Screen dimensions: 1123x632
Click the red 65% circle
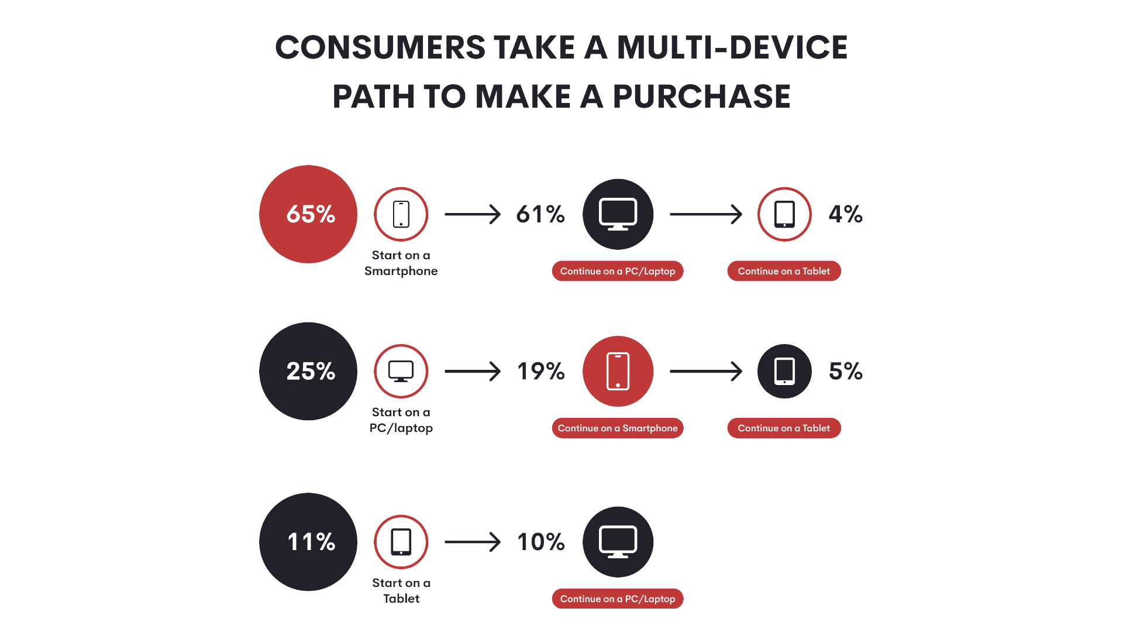tap(308, 214)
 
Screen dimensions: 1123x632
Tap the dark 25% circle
tap(308, 371)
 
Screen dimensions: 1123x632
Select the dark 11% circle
tap(308, 542)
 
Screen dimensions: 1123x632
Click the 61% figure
tap(540, 214)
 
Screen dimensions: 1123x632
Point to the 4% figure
tap(846, 214)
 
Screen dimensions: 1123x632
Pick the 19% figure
tap(541, 371)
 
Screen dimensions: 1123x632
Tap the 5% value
tap(846, 371)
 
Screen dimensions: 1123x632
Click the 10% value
tap(541, 542)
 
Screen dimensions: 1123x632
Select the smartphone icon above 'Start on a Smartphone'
tap(401, 214)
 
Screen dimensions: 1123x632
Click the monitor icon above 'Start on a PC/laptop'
tap(401, 371)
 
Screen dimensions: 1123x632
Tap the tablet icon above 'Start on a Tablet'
tap(401, 542)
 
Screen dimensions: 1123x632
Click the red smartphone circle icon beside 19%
tap(618, 371)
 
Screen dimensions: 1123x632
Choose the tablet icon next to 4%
tap(784, 214)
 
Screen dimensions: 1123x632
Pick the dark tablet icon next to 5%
tap(784, 371)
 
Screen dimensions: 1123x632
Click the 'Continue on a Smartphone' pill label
tap(618, 428)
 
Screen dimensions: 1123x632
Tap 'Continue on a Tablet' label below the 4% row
tap(784, 271)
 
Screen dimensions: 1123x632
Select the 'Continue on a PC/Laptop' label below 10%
tap(618, 599)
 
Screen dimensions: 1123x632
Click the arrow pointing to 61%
tap(473, 214)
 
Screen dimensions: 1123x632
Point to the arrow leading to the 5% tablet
tap(706, 371)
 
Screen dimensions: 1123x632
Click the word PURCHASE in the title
tap(701, 97)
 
